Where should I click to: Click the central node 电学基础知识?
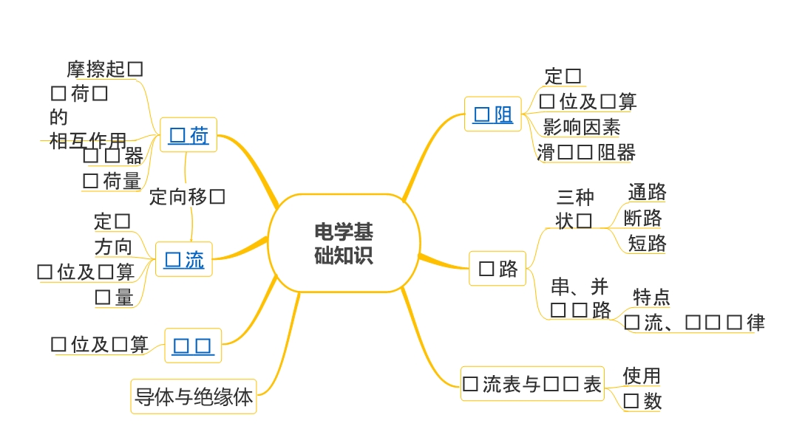(x=344, y=243)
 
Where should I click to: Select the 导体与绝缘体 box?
(x=194, y=396)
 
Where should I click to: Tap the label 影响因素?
(x=582, y=127)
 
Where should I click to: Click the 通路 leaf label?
(x=647, y=192)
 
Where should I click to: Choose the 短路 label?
(x=647, y=243)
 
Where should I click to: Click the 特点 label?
(x=651, y=297)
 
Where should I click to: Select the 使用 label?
(x=641, y=376)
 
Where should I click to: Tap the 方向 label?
(x=113, y=247)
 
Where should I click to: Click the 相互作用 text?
(x=88, y=140)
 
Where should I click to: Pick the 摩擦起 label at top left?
(x=97, y=69)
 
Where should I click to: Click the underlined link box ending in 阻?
(x=493, y=114)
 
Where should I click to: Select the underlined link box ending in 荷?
(x=188, y=135)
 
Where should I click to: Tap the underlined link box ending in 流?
(x=184, y=259)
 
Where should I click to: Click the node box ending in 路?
(x=497, y=269)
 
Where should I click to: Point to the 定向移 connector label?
(x=186, y=196)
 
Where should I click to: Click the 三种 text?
(x=574, y=196)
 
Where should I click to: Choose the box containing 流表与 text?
(x=531, y=384)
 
